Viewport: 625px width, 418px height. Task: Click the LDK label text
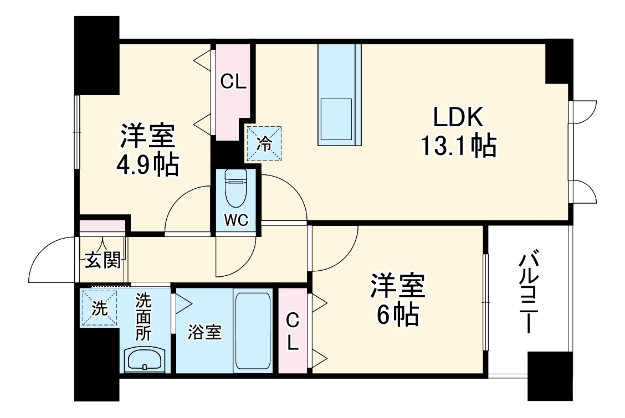tap(459, 118)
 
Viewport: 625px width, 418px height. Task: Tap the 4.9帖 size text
tap(147, 164)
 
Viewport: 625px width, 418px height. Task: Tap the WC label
tap(236, 220)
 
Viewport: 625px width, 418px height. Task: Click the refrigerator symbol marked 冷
tap(264, 144)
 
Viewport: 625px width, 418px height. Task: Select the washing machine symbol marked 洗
tap(99, 308)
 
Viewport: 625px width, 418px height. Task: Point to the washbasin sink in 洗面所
tap(144, 360)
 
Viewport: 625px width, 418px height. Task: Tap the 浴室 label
tap(204, 332)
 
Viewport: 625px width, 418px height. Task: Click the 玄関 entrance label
tap(103, 260)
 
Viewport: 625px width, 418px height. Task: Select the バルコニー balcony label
tap(528, 292)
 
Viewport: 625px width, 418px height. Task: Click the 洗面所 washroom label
tap(144, 317)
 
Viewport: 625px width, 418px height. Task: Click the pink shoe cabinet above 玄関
tap(102, 226)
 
